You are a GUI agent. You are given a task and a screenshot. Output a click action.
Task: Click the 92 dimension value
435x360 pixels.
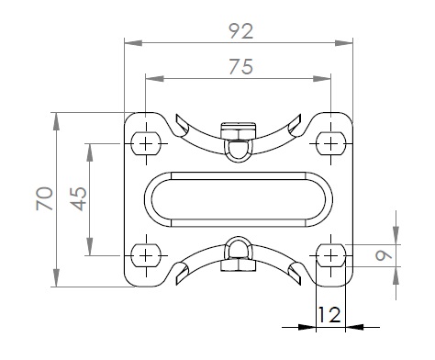click(241, 31)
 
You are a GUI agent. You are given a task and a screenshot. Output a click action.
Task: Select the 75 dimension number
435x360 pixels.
click(241, 67)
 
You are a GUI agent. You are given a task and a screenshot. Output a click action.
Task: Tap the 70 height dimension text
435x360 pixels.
click(45, 198)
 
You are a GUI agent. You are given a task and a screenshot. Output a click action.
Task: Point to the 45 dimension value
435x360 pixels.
click(79, 199)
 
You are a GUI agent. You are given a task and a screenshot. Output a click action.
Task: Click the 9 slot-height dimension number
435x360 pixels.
click(384, 255)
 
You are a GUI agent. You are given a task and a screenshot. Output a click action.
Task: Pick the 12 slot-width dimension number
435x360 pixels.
click(329, 315)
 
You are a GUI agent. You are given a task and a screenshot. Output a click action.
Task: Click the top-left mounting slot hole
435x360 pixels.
click(146, 143)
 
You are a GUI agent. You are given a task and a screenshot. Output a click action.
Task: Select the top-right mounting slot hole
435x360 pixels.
click(330, 143)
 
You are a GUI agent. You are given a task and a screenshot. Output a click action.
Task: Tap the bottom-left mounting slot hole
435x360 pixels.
click(146, 255)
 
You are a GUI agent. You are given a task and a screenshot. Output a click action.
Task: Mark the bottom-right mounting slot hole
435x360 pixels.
click(330, 255)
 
